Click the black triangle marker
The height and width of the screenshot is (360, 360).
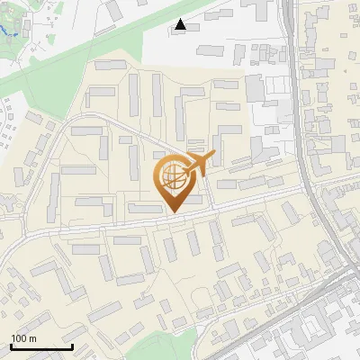coord(181,24)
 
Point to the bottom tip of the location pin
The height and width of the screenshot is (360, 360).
coord(174,212)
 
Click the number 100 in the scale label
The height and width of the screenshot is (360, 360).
coord(19,338)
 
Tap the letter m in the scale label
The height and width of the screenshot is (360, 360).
coord(32,338)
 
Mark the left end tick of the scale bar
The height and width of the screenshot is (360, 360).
coord(10,346)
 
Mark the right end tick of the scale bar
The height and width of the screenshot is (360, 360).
coord(72,346)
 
